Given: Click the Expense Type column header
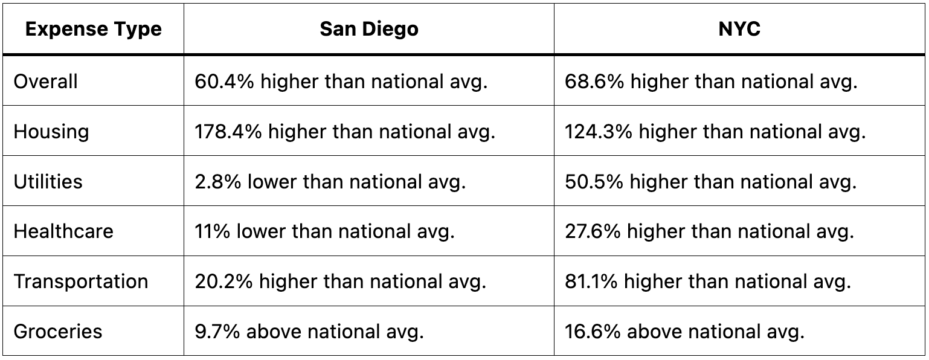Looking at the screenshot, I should coord(94,30).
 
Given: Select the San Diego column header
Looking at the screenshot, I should coord(369,30).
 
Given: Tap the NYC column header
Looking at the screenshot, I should coord(739,30).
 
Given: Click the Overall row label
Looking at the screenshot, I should coord(46,82).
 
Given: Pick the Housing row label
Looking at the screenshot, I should coord(51,132).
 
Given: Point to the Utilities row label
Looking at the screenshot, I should coord(48,182).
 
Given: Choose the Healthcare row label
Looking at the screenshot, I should coord(63,231).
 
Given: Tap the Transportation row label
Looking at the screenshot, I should coord(81,281).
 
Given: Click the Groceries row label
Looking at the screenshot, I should coord(58,332).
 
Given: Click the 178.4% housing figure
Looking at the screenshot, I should coord(228,132).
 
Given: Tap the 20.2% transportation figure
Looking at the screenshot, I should coord(224,281).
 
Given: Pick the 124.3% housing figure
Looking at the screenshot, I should coord(599,132).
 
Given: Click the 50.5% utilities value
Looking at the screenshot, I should coord(594,182).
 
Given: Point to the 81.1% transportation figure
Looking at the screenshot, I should coord(591,281).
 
